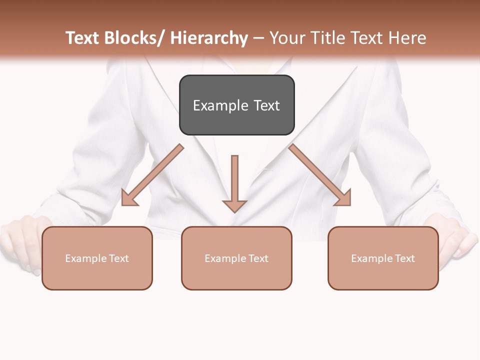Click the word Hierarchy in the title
[209, 38]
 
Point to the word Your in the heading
[286, 38]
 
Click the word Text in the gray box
[266, 105]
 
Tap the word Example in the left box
[86, 258]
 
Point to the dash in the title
[258, 38]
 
